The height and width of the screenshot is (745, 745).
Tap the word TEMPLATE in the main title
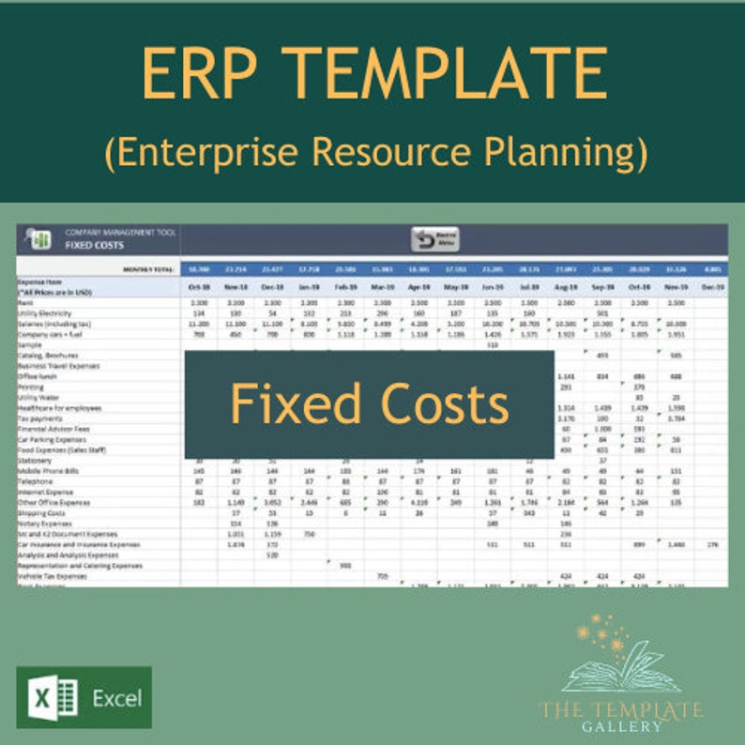(446, 74)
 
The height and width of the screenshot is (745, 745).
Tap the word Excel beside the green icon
(116, 698)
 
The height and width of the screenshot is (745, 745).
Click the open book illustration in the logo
(618, 665)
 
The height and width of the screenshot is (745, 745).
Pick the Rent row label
(25, 303)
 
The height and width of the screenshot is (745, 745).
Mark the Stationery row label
(35, 461)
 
